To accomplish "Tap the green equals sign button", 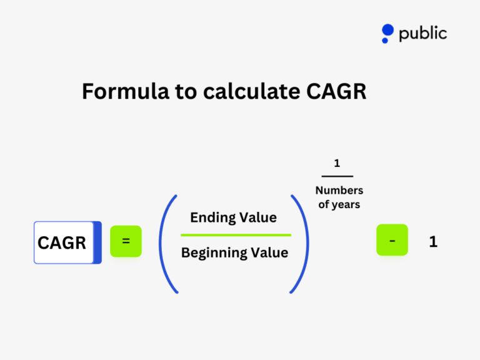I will pos(126,241).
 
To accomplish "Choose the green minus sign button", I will pos(392,240).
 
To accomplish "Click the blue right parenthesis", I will pos(301,243).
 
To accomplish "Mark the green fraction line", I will pos(236,235).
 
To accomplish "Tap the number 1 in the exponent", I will pos(337,164).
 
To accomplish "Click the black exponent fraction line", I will pos(337,176).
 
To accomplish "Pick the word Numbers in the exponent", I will pos(339,191).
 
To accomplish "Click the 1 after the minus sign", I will pos(433,242).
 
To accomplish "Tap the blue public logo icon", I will pos(387,32).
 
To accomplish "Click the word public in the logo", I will pos(422,33).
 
